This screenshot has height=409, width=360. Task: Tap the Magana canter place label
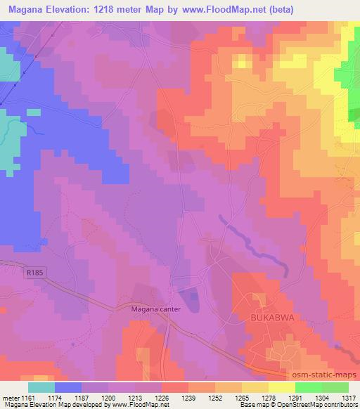pyautogui.click(x=156, y=309)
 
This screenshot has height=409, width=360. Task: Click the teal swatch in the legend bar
pyautogui.click(x=41, y=387)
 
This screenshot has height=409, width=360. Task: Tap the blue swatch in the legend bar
pyautogui.click(x=68, y=387)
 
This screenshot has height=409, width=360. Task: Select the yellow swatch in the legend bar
pyautogui.click(x=281, y=387)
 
